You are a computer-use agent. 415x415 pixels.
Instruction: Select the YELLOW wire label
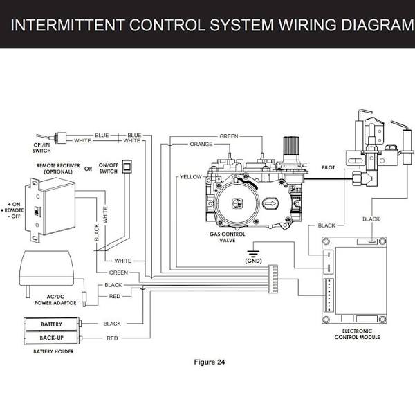(x=190, y=176)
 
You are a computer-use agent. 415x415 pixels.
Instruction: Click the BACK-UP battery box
(x=51, y=338)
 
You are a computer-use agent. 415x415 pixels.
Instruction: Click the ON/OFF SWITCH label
(x=109, y=169)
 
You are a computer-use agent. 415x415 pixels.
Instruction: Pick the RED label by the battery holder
(x=112, y=338)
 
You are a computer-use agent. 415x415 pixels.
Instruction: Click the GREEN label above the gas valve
(x=228, y=136)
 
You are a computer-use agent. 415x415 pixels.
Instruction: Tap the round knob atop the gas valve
(x=290, y=147)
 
